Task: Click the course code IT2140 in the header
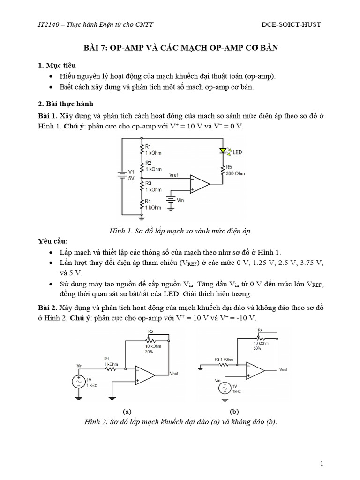pos(49,24)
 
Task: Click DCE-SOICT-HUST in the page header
pos(291,24)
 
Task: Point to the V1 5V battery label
pos(131,175)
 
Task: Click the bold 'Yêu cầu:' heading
pos(53,241)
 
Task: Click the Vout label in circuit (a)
pos(174,373)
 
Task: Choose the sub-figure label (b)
pos(234,411)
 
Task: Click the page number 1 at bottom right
pos(322,464)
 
